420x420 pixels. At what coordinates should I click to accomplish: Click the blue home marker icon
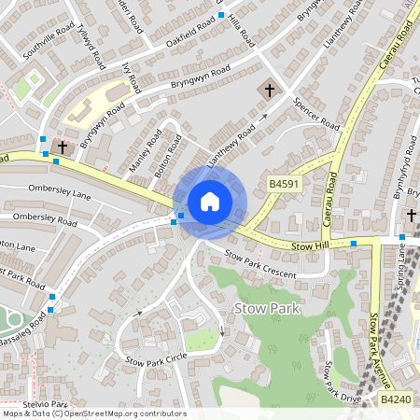coord(209,202)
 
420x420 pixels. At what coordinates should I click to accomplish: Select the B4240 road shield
coord(396,399)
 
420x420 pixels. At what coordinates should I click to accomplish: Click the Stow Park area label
coord(273,309)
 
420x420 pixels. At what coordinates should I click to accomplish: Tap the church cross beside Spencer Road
coord(270,91)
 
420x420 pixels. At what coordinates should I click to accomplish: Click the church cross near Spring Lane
coord(411,216)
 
